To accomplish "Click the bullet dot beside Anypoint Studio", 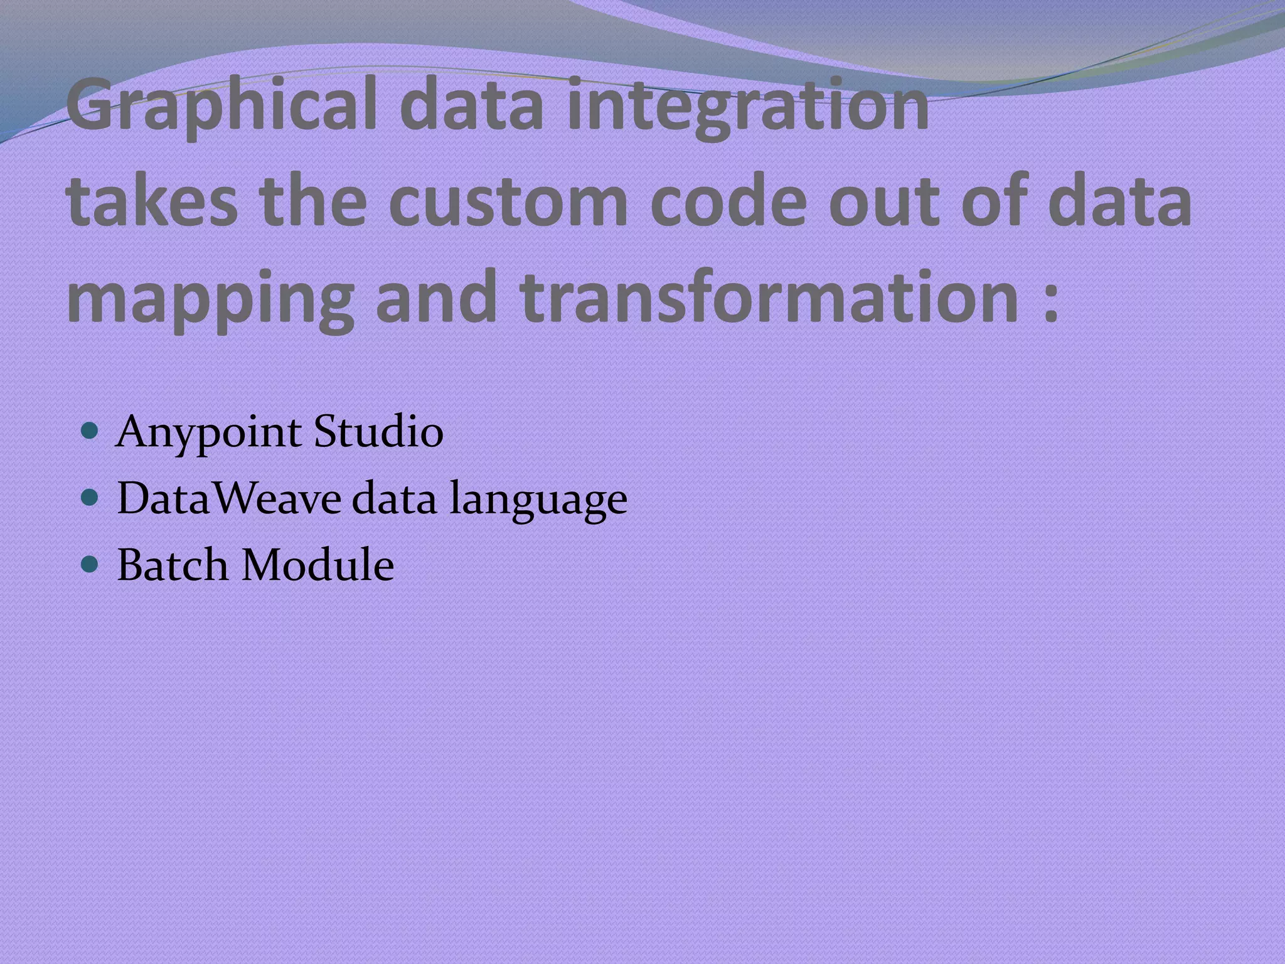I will point(90,432).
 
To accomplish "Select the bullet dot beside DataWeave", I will point(90,498).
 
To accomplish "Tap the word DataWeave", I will point(229,499).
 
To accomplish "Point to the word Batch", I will point(173,565).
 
